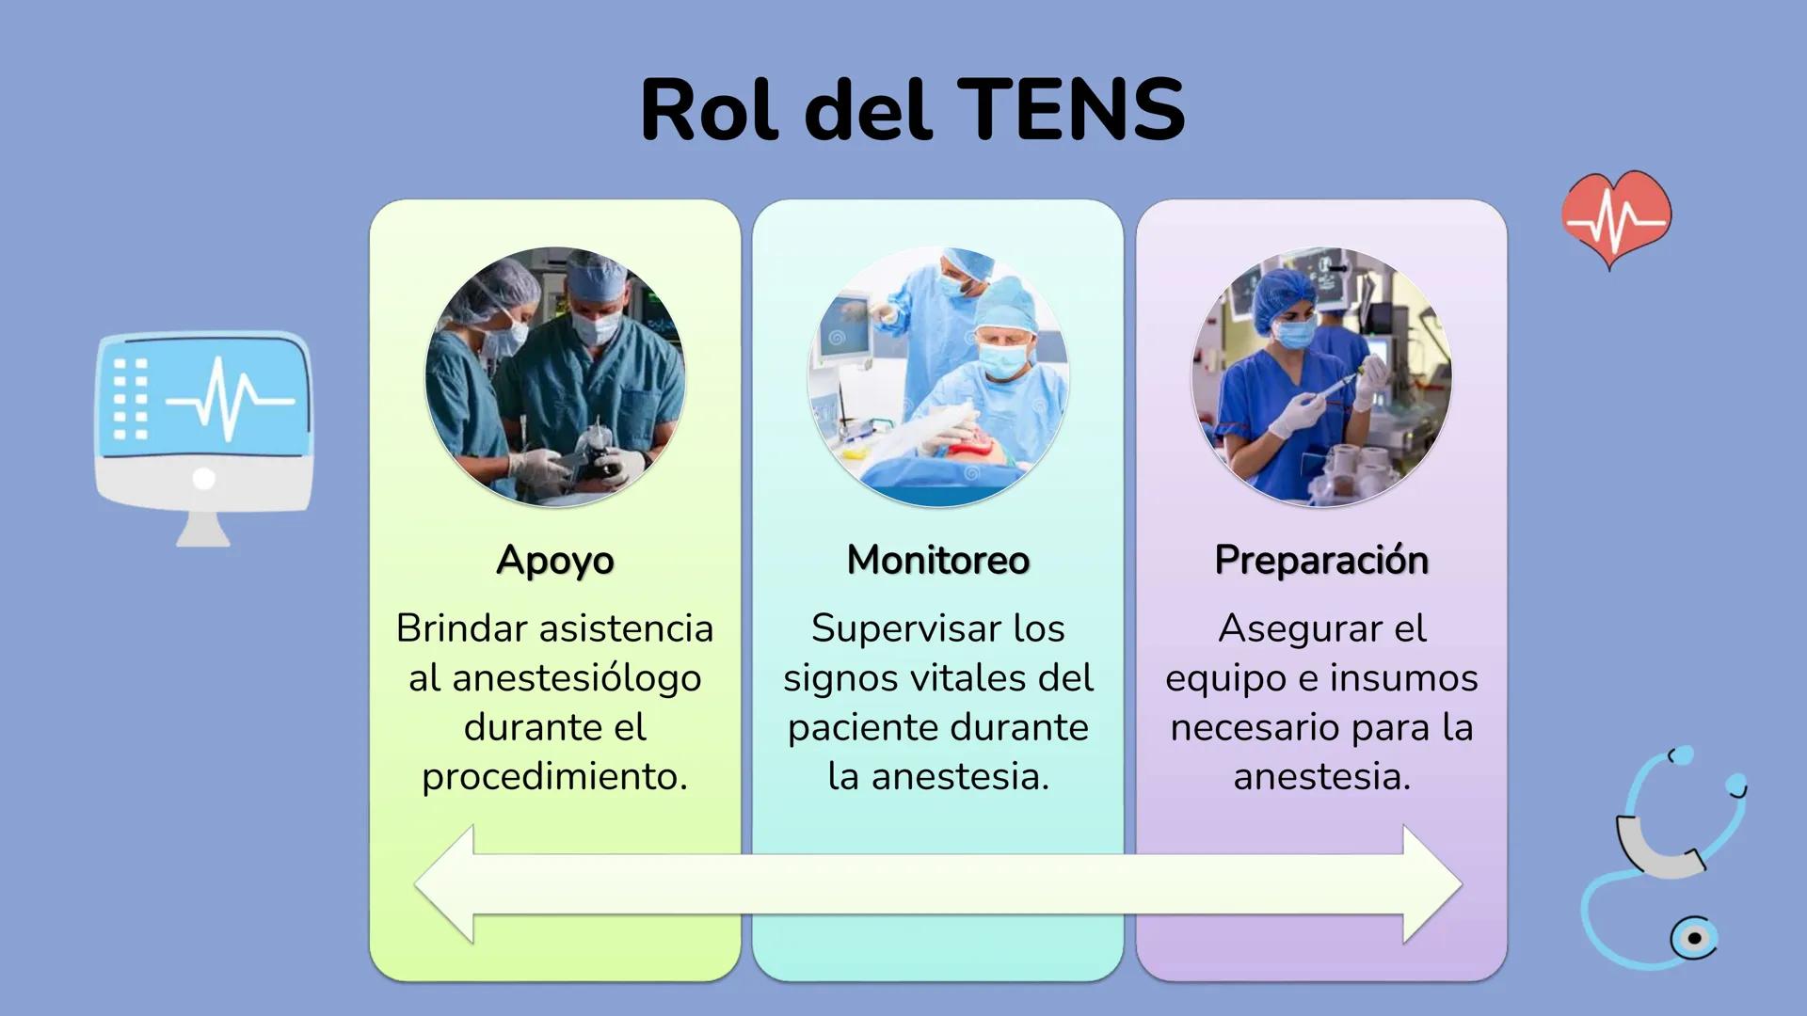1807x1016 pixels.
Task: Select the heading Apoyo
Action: (x=555, y=561)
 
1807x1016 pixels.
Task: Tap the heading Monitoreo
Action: (x=938, y=560)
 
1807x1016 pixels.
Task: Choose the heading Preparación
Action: (x=1321, y=561)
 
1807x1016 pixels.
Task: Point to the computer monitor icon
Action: (x=204, y=437)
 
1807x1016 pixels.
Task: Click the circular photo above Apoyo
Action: (x=555, y=376)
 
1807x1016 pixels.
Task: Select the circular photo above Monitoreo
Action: (x=938, y=376)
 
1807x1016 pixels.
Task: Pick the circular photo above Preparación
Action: (x=1321, y=376)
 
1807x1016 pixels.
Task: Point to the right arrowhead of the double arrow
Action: (x=1431, y=884)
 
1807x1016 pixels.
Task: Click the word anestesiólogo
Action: (x=577, y=679)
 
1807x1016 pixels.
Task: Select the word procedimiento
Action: (x=555, y=777)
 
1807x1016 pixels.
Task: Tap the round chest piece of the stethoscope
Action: (x=1694, y=938)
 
